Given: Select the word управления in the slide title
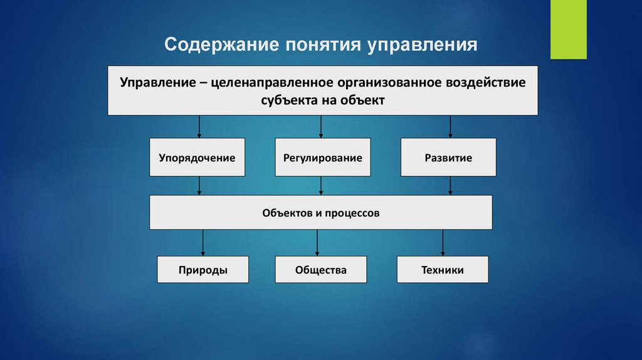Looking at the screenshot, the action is point(423,46).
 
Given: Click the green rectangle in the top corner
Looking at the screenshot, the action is point(568,29).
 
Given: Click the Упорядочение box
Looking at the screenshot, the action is point(197,157).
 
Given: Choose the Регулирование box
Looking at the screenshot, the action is point(322,157).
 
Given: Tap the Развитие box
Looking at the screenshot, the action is point(448,157).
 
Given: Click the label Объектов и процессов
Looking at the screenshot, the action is point(320,213).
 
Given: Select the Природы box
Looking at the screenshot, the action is point(203,270).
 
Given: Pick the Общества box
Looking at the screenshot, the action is point(320,270).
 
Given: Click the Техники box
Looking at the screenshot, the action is point(442,270).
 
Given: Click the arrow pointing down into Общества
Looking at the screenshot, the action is point(318,243).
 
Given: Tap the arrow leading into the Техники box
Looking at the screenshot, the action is point(443,243).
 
